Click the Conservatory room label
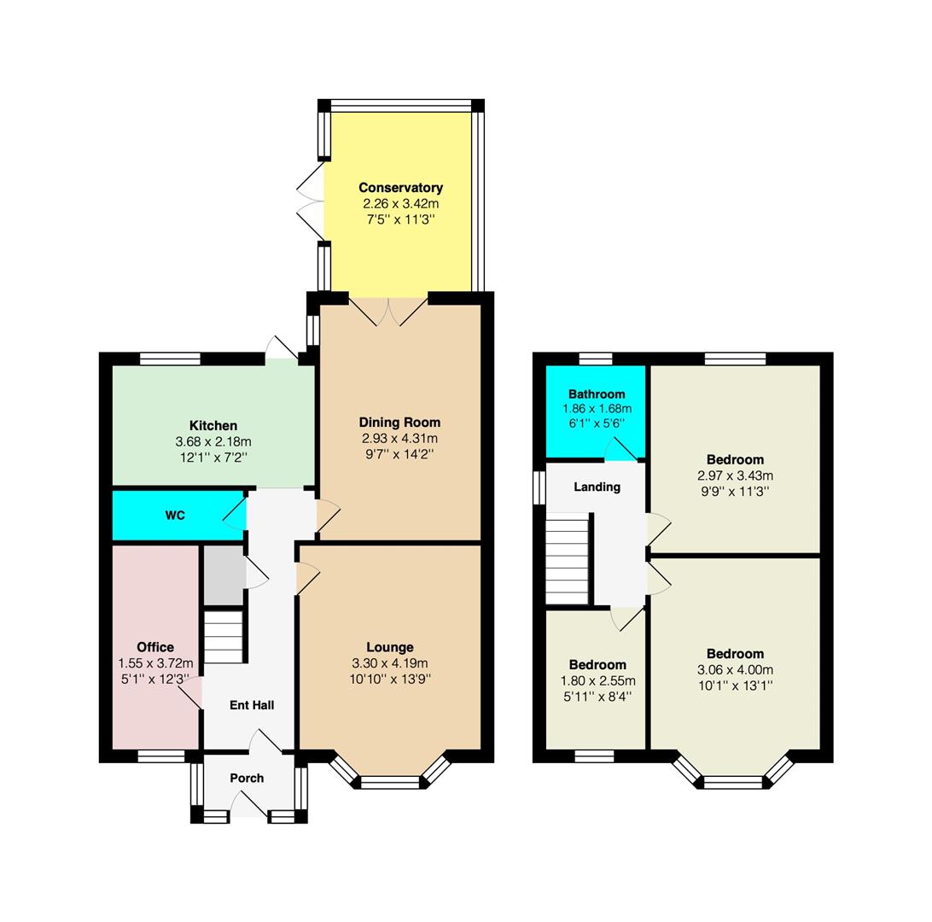[400, 188]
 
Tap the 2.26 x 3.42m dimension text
[400, 204]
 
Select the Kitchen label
[213, 426]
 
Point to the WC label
[175, 516]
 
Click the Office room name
[155, 647]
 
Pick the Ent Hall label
[252, 705]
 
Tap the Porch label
[247, 778]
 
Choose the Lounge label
[390, 647]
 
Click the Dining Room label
[399, 423]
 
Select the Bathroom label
[597, 394]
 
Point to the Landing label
[597, 487]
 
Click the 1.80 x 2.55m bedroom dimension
[598, 681]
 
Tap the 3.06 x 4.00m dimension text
[735, 670]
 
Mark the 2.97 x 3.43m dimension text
[735, 476]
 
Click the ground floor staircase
[224, 636]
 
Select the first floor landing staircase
[568, 559]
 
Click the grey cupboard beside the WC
[224, 575]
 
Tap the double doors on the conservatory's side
[311, 201]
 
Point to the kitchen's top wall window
[171, 359]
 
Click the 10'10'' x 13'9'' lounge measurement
[390, 679]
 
